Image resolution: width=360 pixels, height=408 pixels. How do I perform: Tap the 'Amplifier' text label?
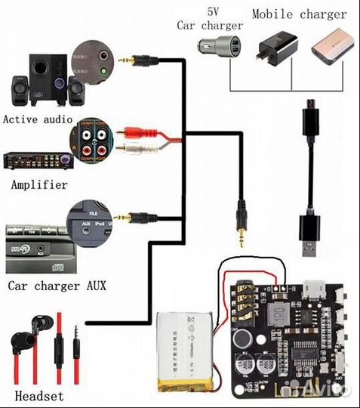[x=38, y=184]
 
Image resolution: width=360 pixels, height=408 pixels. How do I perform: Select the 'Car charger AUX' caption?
[x=57, y=286]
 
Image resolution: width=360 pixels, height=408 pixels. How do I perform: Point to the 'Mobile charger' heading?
[x=299, y=14]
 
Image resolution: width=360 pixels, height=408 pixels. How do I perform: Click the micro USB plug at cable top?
[x=309, y=117]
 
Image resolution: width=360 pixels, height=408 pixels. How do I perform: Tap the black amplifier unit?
[x=38, y=159]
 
